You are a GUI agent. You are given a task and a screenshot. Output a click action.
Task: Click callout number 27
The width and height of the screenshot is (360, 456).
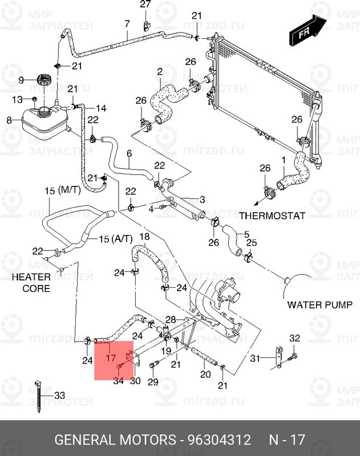point(145,5)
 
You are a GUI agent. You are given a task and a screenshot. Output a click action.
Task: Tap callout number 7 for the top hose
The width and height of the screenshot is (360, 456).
point(127,23)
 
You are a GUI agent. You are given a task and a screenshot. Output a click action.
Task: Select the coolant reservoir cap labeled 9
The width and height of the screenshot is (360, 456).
point(43,80)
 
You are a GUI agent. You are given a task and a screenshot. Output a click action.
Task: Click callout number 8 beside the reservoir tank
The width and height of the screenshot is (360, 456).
point(9,120)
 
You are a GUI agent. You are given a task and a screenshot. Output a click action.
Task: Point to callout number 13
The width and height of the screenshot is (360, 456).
point(17,100)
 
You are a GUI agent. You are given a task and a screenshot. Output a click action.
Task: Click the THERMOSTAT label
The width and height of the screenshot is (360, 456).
point(272,216)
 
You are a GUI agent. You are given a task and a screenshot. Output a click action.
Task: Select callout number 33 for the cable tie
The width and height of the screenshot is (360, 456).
point(60,395)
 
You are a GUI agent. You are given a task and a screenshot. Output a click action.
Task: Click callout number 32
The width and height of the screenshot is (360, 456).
point(294,339)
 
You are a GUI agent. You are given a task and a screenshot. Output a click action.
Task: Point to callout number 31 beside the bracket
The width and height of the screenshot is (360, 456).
point(255,358)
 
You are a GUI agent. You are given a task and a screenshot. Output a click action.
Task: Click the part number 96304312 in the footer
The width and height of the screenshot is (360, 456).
point(219,440)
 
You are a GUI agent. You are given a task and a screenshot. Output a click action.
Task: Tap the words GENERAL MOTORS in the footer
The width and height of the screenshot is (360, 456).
point(115,440)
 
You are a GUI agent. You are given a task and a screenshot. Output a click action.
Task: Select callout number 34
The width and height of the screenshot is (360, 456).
point(118,381)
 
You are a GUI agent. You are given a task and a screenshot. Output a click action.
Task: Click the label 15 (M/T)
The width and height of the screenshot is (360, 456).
point(63,191)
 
